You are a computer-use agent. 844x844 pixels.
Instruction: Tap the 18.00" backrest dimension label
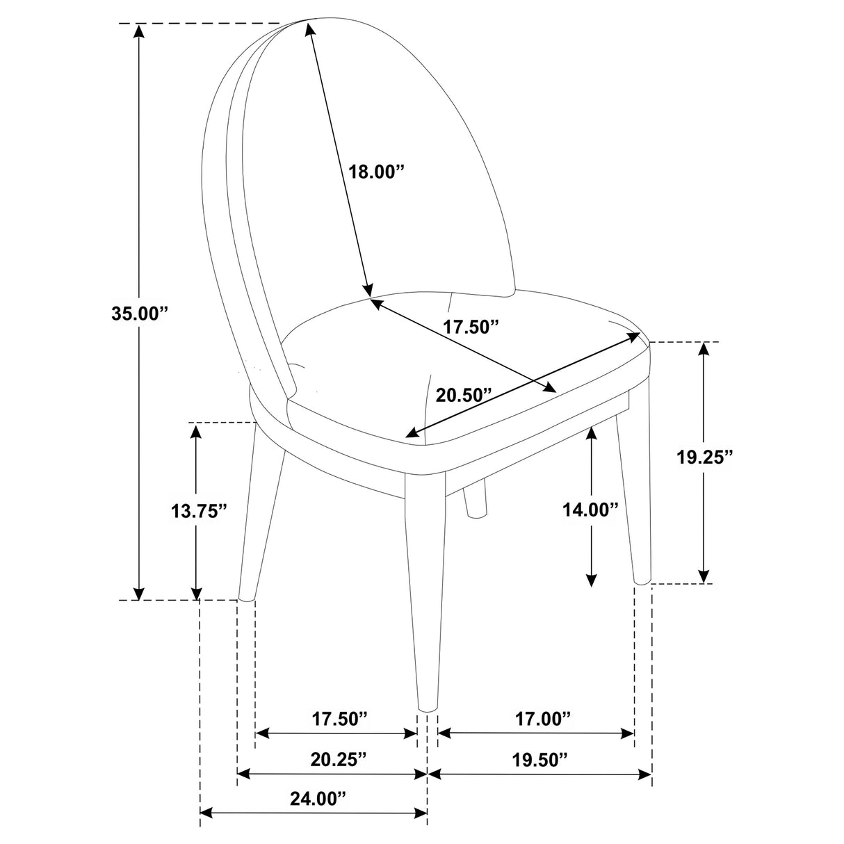[x=375, y=171]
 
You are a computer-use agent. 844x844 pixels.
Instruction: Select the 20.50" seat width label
[x=463, y=395]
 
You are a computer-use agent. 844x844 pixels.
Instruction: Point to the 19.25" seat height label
[x=705, y=457]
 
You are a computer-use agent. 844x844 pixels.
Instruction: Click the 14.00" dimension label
[x=590, y=510]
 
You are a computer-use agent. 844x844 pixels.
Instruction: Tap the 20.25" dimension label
[x=338, y=758]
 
